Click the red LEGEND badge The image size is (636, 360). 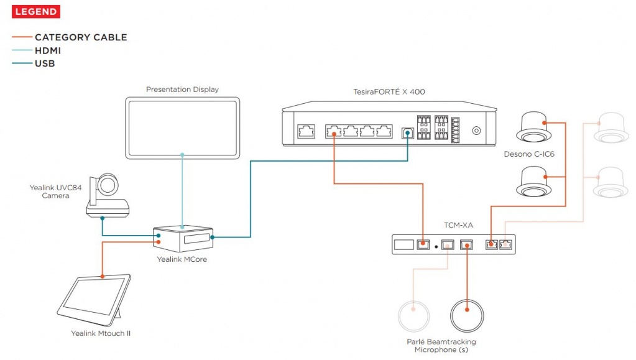(35, 11)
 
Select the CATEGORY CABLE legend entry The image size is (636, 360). (80, 37)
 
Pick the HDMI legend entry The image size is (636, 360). (47, 50)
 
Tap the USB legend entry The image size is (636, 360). (45, 63)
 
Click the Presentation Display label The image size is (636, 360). (182, 90)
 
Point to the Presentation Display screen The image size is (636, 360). (182, 128)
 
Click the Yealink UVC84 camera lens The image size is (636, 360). (110, 185)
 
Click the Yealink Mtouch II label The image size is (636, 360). (101, 333)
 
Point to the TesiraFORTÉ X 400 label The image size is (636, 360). (389, 92)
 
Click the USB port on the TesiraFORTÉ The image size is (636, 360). (408, 132)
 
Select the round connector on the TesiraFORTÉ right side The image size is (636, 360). (477, 131)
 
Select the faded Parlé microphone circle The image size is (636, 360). (413, 316)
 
